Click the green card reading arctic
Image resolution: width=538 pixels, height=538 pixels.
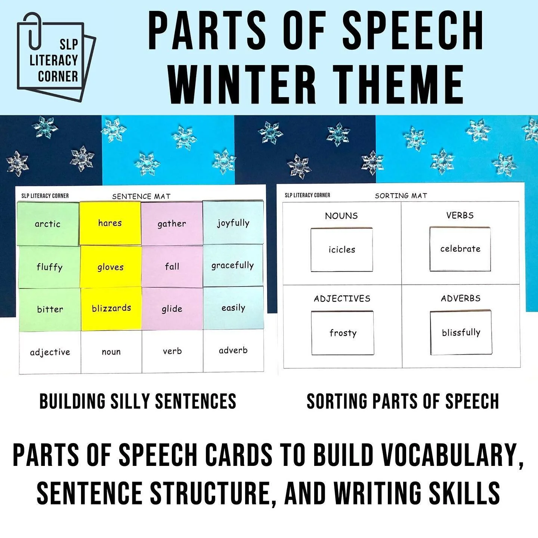(x=48, y=224)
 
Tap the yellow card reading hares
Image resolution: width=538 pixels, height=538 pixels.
(x=110, y=223)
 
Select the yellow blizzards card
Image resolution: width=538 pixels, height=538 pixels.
(x=111, y=309)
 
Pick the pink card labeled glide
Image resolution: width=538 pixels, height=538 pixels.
(x=172, y=309)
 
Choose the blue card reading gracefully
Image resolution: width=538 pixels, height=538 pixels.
(x=233, y=266)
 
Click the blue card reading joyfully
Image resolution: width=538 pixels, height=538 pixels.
(x=233, y=223)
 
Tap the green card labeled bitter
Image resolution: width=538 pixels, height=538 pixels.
(x=50, y=309)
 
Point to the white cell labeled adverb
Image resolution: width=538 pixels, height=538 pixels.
(x=233, y=350)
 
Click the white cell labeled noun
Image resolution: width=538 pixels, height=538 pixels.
(x=111, y=352)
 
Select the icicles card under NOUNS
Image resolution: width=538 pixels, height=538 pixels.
(x=341, y=250)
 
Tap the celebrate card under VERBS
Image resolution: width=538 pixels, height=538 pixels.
(x=460, y=249)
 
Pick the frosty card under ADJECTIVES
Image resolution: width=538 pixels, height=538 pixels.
(x=343, y=333)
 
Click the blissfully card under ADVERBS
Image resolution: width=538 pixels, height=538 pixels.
(x=461, y=333)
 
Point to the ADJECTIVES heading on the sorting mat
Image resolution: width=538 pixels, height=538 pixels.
(x=342, y=299)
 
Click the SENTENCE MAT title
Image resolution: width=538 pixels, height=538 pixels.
(x=141, y=196)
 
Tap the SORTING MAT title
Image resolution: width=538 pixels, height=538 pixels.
(x=401, y=195)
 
